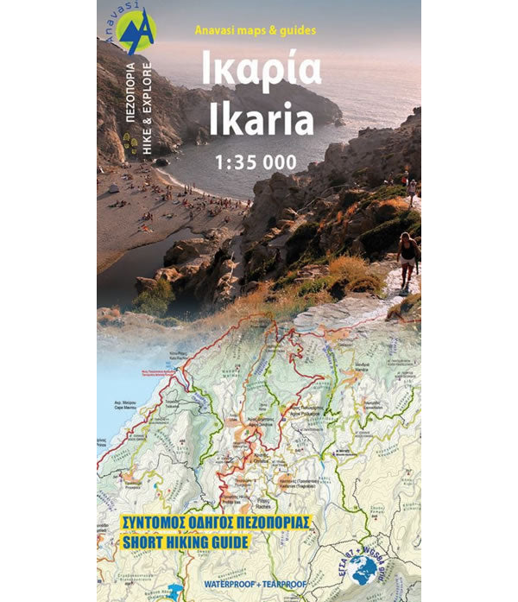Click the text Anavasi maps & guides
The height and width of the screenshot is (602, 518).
[255, 30]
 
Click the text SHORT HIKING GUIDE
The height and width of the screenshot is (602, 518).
[174, 542]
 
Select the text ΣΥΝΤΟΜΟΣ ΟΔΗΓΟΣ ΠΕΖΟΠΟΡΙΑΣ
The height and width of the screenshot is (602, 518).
[204, 523]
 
